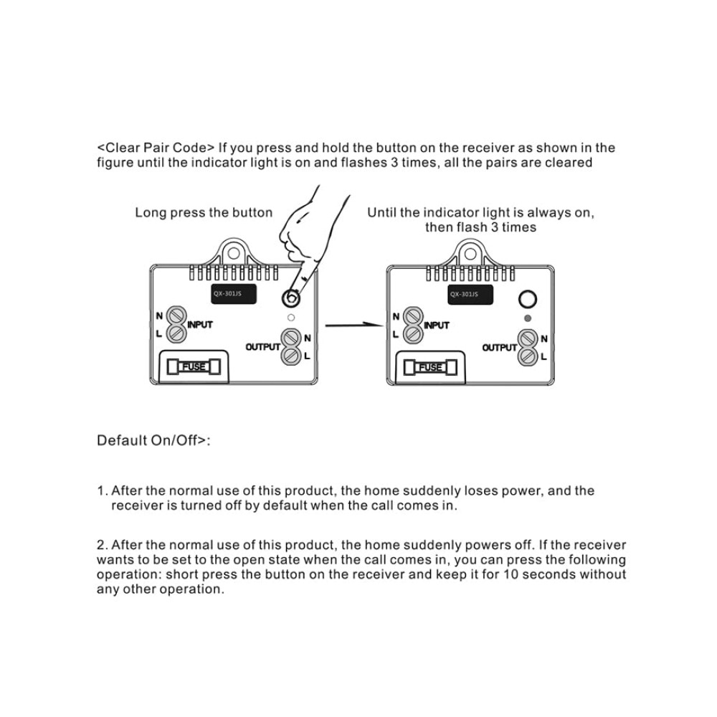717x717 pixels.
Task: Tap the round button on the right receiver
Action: coord(527,300)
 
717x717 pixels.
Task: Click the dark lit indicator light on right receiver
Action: coord(528,318)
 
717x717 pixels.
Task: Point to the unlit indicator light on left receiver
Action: coord(291,318)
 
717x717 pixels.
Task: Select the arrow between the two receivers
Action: coord(354,325)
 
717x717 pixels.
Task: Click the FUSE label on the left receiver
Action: coord(194,366)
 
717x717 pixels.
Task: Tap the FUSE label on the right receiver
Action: coord(430,367)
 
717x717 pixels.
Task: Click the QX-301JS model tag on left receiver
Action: coord(233,294)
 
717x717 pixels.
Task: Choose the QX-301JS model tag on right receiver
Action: coord(470,295)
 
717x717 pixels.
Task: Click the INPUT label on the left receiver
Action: coord(200,325)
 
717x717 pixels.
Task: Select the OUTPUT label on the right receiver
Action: coord(499,348)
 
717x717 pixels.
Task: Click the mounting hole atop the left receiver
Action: coord(234,253)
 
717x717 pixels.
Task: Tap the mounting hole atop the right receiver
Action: coord(470,254)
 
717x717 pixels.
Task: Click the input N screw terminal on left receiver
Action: coord(176,315)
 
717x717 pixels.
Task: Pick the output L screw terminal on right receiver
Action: coord(528,356)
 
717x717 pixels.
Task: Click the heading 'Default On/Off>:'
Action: coord(153,440)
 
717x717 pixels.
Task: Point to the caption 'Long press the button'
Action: coord(204,213)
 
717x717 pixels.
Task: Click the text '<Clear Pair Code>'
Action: coord(156,148)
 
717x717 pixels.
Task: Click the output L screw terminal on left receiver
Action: coord(291,356)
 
